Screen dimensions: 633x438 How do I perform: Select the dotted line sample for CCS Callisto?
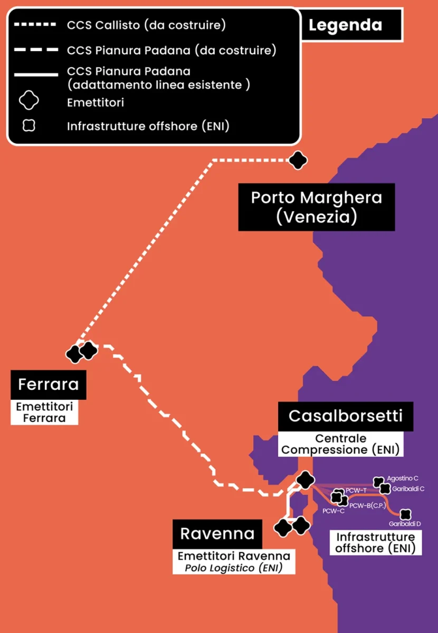(x=35, y=25)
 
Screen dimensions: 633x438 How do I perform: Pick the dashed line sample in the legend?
(x=35, y=51)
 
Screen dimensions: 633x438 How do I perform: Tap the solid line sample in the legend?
(x=35, y=75)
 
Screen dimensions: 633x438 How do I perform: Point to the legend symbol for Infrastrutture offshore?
(x=30, y=126)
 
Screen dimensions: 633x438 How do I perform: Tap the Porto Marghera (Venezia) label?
(x=316, y=207)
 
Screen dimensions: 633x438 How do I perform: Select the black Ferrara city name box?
(x=49, y=384)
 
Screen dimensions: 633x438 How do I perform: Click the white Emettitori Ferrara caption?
(x=44, y=413)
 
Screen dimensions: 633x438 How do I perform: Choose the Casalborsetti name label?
(x=345, y=416)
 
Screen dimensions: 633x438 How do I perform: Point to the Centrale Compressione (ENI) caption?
(x=341, y=444)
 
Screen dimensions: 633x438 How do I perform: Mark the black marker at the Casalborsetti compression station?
(x=305, y=479)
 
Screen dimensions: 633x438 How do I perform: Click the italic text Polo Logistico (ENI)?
(x=233, y=568)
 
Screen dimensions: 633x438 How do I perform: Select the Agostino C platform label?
(x=403, y=478)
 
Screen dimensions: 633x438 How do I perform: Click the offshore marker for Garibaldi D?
(x=405, y=514)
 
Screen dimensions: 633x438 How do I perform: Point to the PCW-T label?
(x=356, y=491)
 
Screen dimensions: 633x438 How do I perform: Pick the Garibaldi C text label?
(x=408, y=489)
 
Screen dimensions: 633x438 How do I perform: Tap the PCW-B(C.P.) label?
(x=368, y=506)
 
